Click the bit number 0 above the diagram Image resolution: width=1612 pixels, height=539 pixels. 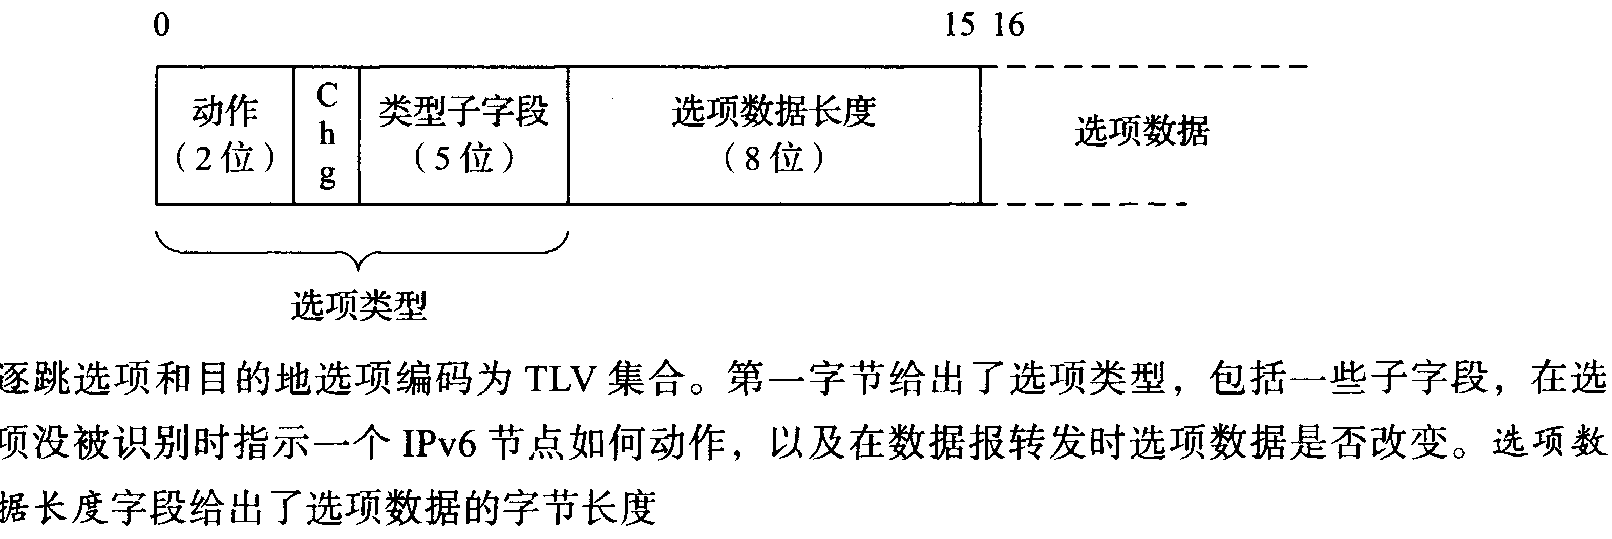[161, 26]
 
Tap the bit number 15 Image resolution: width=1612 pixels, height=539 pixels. [959, 26]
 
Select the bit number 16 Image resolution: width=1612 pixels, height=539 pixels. [1009, 26]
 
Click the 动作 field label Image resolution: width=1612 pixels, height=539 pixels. [225, 111]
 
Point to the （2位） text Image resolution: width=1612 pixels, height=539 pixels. [225, 158]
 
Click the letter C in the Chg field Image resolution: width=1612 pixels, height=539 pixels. [327, 96]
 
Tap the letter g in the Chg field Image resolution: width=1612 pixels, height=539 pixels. [327, 175]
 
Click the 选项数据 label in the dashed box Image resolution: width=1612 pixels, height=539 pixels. [1141, 132]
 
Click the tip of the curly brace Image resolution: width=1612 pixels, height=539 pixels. [358, 269]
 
